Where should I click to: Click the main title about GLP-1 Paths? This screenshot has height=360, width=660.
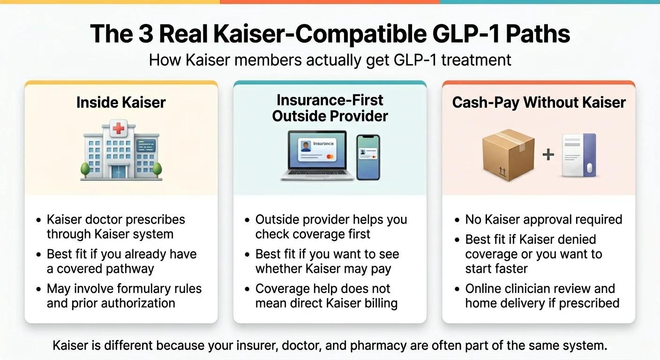tap(330, 34)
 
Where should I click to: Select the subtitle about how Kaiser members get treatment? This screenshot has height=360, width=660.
tap(330, 60)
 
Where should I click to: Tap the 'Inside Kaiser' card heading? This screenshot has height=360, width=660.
tap(121, 103)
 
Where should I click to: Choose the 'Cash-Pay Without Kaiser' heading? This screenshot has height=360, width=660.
tap(539, 103)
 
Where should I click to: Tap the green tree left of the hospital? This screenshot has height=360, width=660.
tap(85, 169)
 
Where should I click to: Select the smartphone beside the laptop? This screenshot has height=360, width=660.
tap(368, 157)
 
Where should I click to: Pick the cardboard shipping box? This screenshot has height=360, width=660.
tap(508, 155)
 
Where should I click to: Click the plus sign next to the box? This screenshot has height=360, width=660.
tap(548, 155)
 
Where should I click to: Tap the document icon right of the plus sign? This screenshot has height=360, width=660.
tap(579, 155)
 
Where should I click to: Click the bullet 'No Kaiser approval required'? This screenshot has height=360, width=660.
tap(543, 219)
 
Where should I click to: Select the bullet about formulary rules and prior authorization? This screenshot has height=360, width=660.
tap(124, 295)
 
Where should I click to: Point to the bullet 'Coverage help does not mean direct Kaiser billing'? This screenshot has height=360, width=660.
tap(326, 295)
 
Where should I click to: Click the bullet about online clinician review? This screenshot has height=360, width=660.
tap(541, 295)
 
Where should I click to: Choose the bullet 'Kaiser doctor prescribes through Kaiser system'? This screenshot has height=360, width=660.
tap(115, 226)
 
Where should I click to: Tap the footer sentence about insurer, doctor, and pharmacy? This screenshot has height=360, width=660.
tap(330, 346)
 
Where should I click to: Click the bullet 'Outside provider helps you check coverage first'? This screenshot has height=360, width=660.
tap(330, 226)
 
